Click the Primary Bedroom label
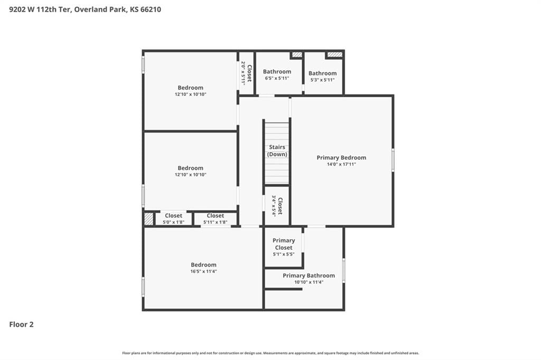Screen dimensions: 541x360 coord(341,158)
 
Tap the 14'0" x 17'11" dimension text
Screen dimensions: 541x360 coord(341,164)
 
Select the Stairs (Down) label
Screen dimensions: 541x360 coord(277,150)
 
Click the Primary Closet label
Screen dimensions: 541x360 coord(284,244)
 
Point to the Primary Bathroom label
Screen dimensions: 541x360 coord(309,276)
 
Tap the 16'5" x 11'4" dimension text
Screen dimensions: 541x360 coord(203,271)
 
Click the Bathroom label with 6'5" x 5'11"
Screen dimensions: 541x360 coord(277,71)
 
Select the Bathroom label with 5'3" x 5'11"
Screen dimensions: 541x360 coord(323,73)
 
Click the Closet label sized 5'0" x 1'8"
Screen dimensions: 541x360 coord(173,215)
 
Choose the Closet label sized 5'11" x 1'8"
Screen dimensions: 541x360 coord(216,215)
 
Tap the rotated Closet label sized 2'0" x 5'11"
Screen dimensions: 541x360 coord(249,73)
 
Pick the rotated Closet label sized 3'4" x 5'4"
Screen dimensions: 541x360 coord(280,206)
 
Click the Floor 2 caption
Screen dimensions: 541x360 coord(21,325)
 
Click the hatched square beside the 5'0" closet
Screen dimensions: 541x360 coord(148,219)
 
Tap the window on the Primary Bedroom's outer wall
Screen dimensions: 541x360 coord(393,159)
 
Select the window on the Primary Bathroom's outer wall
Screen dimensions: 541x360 coord(343,271)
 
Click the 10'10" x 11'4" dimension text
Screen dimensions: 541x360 coord(309,282)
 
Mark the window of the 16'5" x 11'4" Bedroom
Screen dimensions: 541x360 coord(143,287)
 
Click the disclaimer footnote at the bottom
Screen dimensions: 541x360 coord(270,353)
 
